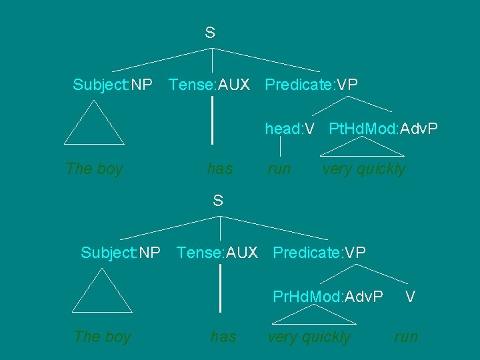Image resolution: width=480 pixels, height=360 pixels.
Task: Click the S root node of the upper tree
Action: tap(209, 32)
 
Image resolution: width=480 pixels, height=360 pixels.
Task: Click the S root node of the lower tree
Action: tap(217, 200)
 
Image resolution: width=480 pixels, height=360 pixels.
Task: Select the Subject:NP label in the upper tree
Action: tap(112, 85)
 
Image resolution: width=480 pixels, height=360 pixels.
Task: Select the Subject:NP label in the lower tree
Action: tap(120, 253)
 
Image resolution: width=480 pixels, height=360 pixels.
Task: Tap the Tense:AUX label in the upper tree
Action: tap(209, 85)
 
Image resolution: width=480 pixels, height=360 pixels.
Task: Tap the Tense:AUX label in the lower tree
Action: tap(217, 253)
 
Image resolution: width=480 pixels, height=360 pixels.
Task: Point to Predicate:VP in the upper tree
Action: tap(311, 85)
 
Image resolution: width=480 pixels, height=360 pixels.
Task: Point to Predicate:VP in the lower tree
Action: tap(319, 253)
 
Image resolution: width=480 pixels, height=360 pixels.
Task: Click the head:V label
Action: tap(289, 129)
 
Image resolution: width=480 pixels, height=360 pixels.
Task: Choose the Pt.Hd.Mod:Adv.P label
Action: tap(383, 129)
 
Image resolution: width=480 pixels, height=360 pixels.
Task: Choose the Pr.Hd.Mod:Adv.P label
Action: tap(328, 296)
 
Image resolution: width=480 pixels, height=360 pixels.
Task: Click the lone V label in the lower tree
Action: tap(411, 296)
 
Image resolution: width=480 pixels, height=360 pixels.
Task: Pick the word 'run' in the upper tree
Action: tap(279, 169)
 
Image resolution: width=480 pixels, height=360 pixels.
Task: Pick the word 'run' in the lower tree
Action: tap(406, 337)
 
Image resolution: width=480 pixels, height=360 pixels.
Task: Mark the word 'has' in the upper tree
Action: tap(220, 169)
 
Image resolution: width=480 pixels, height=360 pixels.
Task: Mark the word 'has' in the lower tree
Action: tap(223, 337)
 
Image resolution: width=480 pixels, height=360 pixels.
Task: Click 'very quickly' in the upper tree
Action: tap(363, 169)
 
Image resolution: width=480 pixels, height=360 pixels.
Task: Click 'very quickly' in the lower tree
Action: tap(309, 337)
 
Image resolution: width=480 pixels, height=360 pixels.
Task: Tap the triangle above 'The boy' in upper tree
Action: tap(94, 127)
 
